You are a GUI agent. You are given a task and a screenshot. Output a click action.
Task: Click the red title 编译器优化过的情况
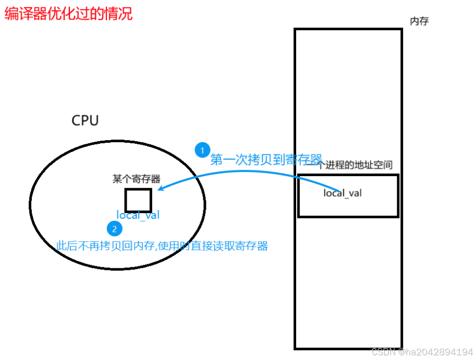69,14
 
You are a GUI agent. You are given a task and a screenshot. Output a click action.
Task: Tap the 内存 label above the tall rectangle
419,21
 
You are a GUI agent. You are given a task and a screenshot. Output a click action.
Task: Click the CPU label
85,121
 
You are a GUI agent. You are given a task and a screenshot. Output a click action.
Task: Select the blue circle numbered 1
202,150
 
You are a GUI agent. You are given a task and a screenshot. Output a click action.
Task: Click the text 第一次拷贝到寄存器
266,159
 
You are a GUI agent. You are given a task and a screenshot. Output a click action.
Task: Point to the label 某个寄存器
136,179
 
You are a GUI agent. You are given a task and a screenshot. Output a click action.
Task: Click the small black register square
138,200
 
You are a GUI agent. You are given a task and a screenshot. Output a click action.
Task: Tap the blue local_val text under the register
138,215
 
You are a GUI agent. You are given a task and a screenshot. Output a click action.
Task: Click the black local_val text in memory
343,193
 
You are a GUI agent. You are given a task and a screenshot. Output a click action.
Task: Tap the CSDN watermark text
383,352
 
